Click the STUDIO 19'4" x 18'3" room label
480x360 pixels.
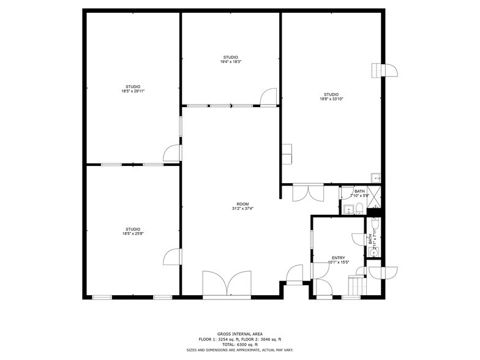coord(231,59)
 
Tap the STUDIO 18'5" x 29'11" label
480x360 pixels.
coord(133,89)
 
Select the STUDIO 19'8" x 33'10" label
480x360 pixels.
coord(331,96)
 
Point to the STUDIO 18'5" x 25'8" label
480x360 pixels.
coord(133,231)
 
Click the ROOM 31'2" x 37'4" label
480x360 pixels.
coord(243,206)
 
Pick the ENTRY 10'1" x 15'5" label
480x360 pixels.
coord(338,260)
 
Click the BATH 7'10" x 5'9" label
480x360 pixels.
coord(358,193)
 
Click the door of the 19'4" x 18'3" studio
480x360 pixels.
coord(268,98)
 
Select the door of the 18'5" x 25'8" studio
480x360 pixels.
coord(173,257)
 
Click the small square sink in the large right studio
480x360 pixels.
coord(376,178)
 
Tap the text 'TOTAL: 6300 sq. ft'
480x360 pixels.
coord(240,344)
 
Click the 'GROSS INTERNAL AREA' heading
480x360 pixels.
coord(240,334)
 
